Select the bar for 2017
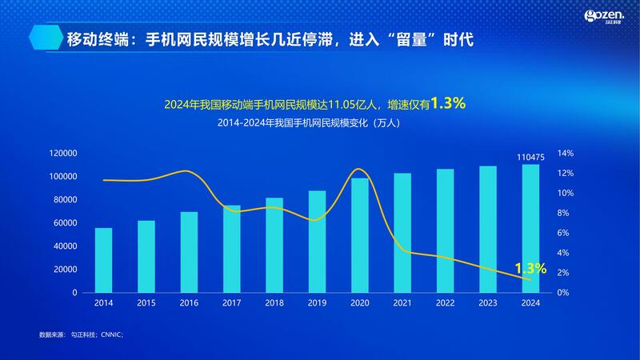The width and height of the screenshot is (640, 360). click(x=231, y=249)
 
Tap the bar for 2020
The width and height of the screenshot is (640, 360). click(x=360, y=235)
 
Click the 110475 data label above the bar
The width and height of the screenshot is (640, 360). click(x=530, y=158)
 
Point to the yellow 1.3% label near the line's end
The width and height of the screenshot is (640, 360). click(x=530, y=269)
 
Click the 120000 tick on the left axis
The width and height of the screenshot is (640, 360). click(x=62, y=153)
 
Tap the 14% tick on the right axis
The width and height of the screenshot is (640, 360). click(x=566, y=153)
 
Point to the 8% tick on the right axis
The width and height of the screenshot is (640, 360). click(x=564, y=213)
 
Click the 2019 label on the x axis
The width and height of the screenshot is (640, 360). click(x=317, y=303)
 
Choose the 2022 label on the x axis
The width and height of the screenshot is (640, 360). click(x=445, y=303)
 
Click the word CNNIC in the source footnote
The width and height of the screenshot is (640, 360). click(x=110, y=334)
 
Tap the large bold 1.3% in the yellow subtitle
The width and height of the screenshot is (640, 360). click(x=448, y=103)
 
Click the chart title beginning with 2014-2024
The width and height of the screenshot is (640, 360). click(x=320, y=124)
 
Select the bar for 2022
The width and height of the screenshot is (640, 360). click(x=445, y=230)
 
